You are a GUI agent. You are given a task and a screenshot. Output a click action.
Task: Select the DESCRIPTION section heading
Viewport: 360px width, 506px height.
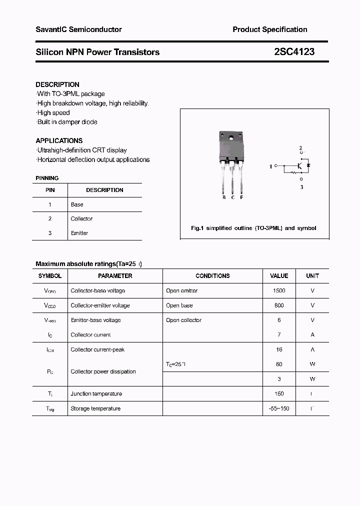pos(57,84)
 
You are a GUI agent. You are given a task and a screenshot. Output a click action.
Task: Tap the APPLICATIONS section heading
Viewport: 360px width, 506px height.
pos(59,140)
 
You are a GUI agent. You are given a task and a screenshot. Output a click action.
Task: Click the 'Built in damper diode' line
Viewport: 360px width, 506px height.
pos(67,122)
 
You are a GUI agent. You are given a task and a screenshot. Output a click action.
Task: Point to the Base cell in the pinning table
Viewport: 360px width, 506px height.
pos(77,204)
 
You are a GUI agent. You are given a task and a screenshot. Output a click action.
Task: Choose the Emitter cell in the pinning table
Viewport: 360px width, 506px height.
pos(79,233)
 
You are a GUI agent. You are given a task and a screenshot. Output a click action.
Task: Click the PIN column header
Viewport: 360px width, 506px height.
pos(50,190)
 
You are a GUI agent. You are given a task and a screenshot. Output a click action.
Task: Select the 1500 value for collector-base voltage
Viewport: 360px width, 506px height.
pos(279,290)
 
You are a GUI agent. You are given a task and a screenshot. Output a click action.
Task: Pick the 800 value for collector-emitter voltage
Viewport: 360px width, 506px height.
pos(279,305)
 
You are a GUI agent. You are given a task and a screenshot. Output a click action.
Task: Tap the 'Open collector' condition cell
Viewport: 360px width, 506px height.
pos(183,320)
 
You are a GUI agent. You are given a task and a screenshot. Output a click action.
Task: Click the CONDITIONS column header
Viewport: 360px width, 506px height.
pos(212,276)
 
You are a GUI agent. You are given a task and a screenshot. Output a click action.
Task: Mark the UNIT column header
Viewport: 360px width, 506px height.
pos(312,276)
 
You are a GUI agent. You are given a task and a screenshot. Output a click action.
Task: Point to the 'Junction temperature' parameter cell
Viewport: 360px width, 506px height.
pos(96,394)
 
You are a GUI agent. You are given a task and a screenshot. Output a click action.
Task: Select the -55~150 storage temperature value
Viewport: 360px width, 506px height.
pos(279,408)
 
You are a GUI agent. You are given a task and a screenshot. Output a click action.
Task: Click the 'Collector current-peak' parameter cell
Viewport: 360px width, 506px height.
pos(97,349)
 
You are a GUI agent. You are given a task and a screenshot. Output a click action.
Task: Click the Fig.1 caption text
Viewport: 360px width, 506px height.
pos(253,228)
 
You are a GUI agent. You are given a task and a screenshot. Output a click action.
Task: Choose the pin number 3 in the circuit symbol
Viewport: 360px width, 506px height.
pos(301,187)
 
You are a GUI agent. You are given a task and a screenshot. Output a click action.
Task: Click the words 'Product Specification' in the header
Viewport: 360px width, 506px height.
pos(270,29)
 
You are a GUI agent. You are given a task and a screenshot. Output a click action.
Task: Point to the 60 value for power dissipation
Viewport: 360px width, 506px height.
pos(279,364)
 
